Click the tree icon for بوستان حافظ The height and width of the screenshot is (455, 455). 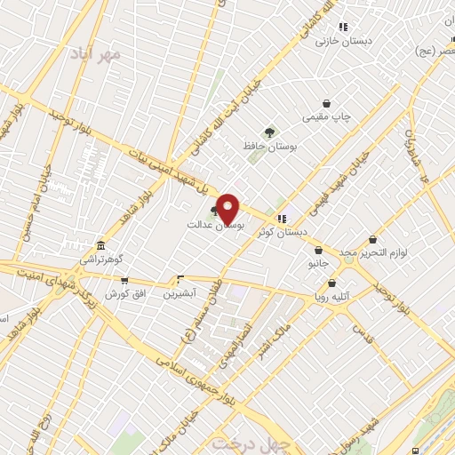pos(268,133)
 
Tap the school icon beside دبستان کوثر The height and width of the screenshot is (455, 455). pos(282,219)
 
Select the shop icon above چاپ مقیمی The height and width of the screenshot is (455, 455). pos(327,103)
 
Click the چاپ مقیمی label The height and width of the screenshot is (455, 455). pos(327,116)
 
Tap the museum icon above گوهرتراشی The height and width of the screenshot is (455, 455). pos(101,245)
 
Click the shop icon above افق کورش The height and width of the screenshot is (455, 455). pos(124,280)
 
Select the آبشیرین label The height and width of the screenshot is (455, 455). pos(181,291)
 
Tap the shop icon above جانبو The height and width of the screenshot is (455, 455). pos(318,251)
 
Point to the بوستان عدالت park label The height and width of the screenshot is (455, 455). pos(214,226)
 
